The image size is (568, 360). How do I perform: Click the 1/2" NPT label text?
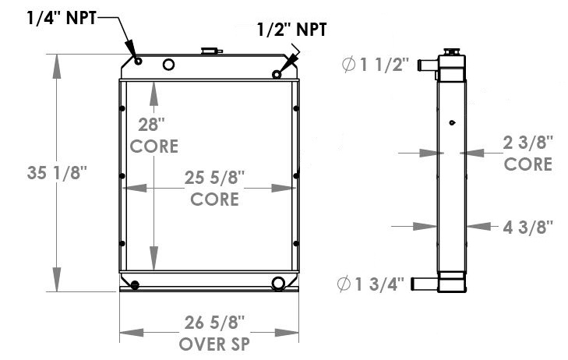292,30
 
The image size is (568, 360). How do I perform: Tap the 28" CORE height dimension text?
153,134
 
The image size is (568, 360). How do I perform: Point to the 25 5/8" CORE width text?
214,188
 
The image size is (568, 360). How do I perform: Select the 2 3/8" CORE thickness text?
527,153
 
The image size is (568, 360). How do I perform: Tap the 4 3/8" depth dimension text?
527,227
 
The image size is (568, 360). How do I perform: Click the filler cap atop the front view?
210,51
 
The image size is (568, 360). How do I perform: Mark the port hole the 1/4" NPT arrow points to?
137,62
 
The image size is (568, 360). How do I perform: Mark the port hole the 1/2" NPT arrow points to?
277,74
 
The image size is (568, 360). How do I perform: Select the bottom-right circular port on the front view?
278,282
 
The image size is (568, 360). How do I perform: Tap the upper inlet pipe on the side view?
427,65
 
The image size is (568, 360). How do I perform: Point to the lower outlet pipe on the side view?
425,282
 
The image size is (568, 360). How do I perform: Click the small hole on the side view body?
451,122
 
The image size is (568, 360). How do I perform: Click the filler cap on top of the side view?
450,52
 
